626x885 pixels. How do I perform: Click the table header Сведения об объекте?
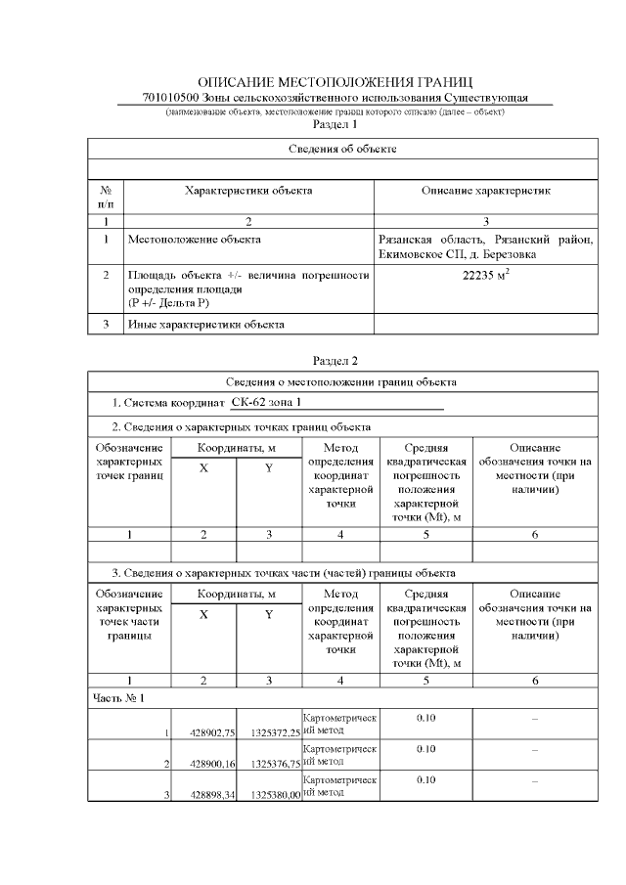342,149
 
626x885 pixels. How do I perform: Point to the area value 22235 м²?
486,276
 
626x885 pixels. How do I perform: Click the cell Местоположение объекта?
196,238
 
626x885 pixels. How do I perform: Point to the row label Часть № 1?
118,698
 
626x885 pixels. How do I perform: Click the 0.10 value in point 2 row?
425,748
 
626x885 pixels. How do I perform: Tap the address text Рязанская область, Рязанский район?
485,238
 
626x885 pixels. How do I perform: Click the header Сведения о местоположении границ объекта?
342,381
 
